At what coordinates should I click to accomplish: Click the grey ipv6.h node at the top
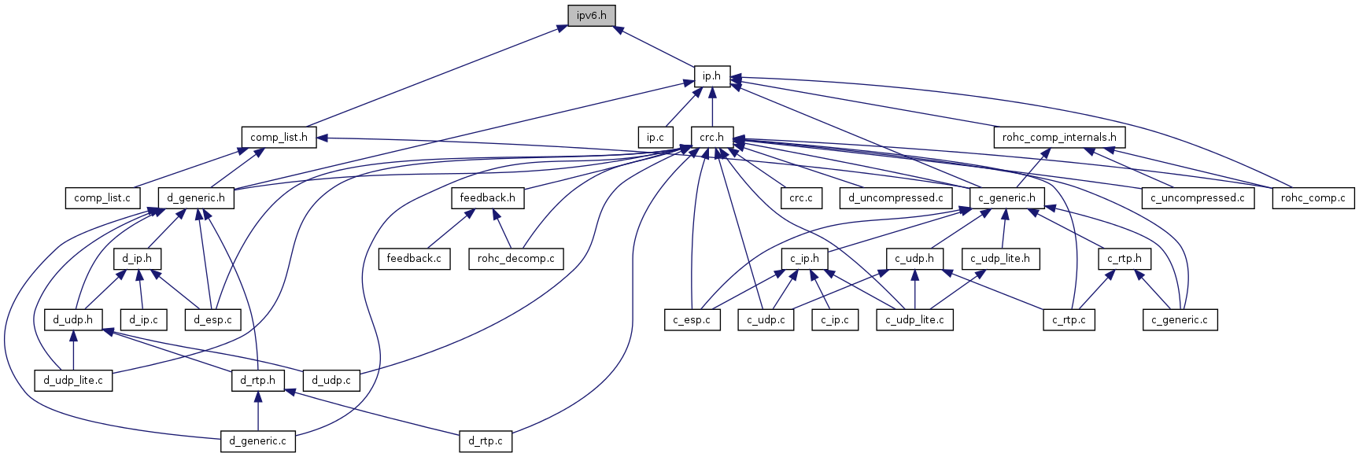591,15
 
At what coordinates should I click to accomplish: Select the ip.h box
711,76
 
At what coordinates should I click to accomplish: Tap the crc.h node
711,137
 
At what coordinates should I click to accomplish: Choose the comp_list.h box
279,137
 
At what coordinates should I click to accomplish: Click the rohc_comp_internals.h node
1058,137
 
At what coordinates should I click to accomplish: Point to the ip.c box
655,137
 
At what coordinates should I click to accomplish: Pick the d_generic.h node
196,197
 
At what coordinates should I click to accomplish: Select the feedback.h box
487,197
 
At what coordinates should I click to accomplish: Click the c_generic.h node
1006,197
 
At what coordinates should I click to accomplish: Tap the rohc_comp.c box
1313,197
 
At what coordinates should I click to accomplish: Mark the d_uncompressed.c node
896,197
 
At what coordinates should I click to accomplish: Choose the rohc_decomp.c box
515,258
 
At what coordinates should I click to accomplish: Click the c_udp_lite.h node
999,258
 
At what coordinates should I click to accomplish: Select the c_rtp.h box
1124,258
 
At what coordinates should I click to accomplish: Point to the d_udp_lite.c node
73,380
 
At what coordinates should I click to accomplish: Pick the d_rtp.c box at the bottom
486,440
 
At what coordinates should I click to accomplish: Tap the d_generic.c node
257,440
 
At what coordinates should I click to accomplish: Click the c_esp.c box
692,319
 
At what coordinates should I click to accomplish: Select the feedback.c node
414,258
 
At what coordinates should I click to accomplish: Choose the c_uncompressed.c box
1197,197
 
